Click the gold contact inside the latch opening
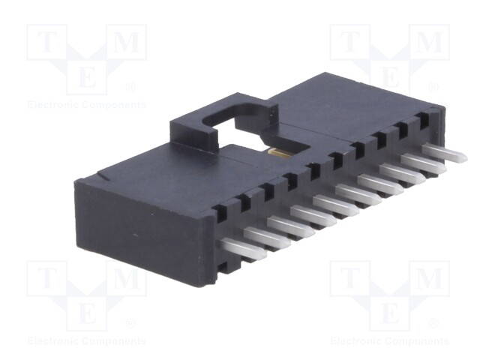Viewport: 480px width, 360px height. coord(279,153)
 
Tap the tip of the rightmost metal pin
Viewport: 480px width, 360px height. coord(466,158)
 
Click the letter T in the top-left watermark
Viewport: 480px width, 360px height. coord(46,42)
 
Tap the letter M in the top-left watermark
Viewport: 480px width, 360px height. coord(127,42)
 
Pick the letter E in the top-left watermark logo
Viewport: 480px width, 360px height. coord(87,78)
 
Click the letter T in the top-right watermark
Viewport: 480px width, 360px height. coord(350,42)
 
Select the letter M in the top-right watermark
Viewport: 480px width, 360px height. coord(430,42)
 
